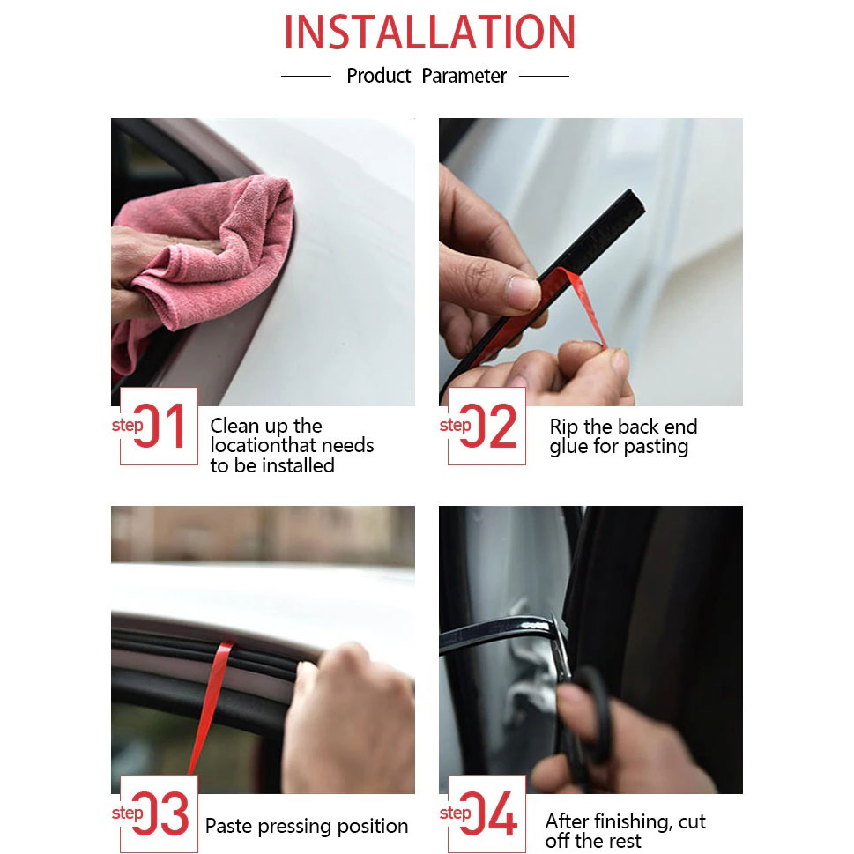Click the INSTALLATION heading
[429, 32]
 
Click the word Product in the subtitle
[378, 76]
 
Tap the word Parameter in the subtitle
[464, 76]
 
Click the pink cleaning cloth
[207, 262]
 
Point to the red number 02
[488, 426]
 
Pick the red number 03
[160, 813]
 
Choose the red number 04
[488, 813]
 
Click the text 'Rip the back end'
[623, 426]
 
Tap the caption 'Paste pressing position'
[307, 826]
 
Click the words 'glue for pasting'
[619, 447]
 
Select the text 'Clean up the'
[266, 426]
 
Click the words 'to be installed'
[272, 465]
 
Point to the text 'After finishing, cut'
[625, 821]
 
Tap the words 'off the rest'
[593, 841]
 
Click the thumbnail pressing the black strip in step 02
[522, 293]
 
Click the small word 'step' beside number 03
[127, 813]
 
